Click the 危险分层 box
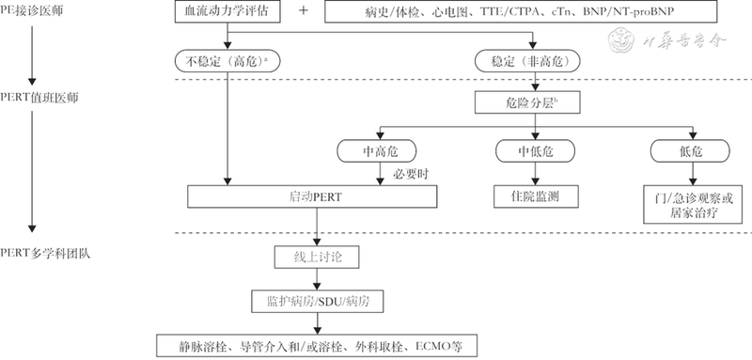point(532,100)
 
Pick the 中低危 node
point(532,151)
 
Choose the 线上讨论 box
point(318,256)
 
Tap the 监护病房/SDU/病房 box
point(318,301)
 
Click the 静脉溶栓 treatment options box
point(318,344)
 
